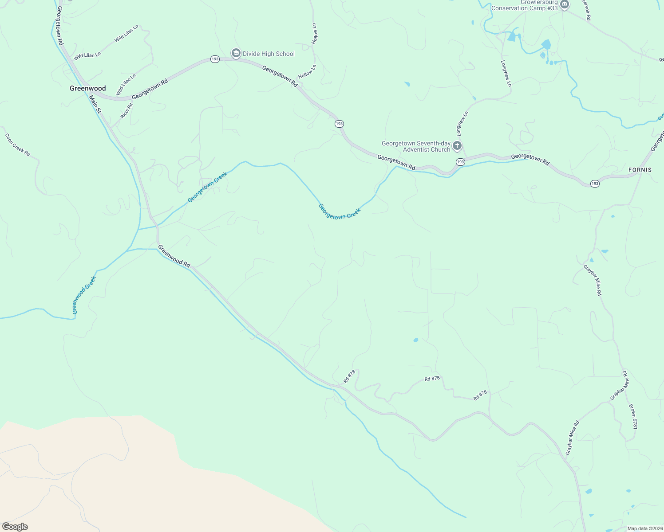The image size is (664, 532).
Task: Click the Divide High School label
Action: [x=268, y=54]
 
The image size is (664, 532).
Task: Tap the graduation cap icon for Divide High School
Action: [x=236, y=54]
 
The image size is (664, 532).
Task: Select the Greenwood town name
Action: [x=88, y=88]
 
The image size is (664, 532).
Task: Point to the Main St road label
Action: [x=95, y=104]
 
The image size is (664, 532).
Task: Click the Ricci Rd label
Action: [x=126, y=111]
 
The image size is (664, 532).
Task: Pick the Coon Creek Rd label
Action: [x=17, y=145]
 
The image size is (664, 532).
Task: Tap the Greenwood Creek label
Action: [x=84, y=295]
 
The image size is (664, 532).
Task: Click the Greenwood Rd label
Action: [x=174, y=257]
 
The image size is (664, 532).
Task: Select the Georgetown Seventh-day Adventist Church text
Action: [x=416, y=146]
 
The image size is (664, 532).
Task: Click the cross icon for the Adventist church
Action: [x=457, y=145]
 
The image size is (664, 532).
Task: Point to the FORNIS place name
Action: [x=640, y=170]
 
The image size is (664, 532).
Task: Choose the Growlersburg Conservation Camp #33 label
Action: [x=524, y=5]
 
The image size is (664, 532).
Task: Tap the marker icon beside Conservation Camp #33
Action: [x=565, y=5]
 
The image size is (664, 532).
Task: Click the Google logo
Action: [x=15, y=527]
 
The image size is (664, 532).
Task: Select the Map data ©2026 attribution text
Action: [x=644, y=528]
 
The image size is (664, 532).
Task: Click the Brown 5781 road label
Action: [x=633, y=416]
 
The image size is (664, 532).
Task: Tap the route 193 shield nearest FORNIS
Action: [x=595, y=183]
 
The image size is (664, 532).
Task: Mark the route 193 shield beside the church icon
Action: [x=461, y=162]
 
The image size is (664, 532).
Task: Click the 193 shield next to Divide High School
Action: [x=215, y=59]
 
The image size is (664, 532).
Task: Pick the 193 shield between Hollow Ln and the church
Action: [x=340, y=124]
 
